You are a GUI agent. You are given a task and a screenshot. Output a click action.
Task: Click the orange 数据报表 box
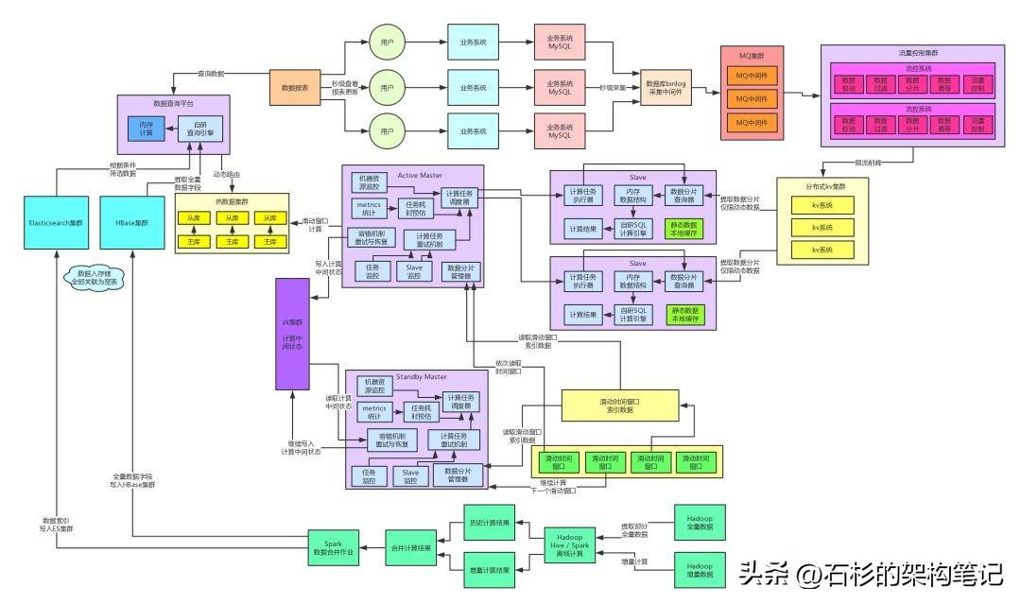click(x=289, y=87)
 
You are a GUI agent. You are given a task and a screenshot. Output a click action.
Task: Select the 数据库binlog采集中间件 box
click(x=666, y=88)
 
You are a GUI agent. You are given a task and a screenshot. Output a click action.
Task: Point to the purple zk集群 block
click(x=292, y=334)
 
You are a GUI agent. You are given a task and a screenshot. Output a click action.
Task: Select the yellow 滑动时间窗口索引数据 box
click(x=620, y=405)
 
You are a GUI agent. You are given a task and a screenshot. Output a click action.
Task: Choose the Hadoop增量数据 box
click(x=700, y=569)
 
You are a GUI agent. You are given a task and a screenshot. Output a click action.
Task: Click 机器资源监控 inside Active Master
click(x=368, y=181)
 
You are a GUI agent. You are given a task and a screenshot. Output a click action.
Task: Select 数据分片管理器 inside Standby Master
click(x=458, y=475)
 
